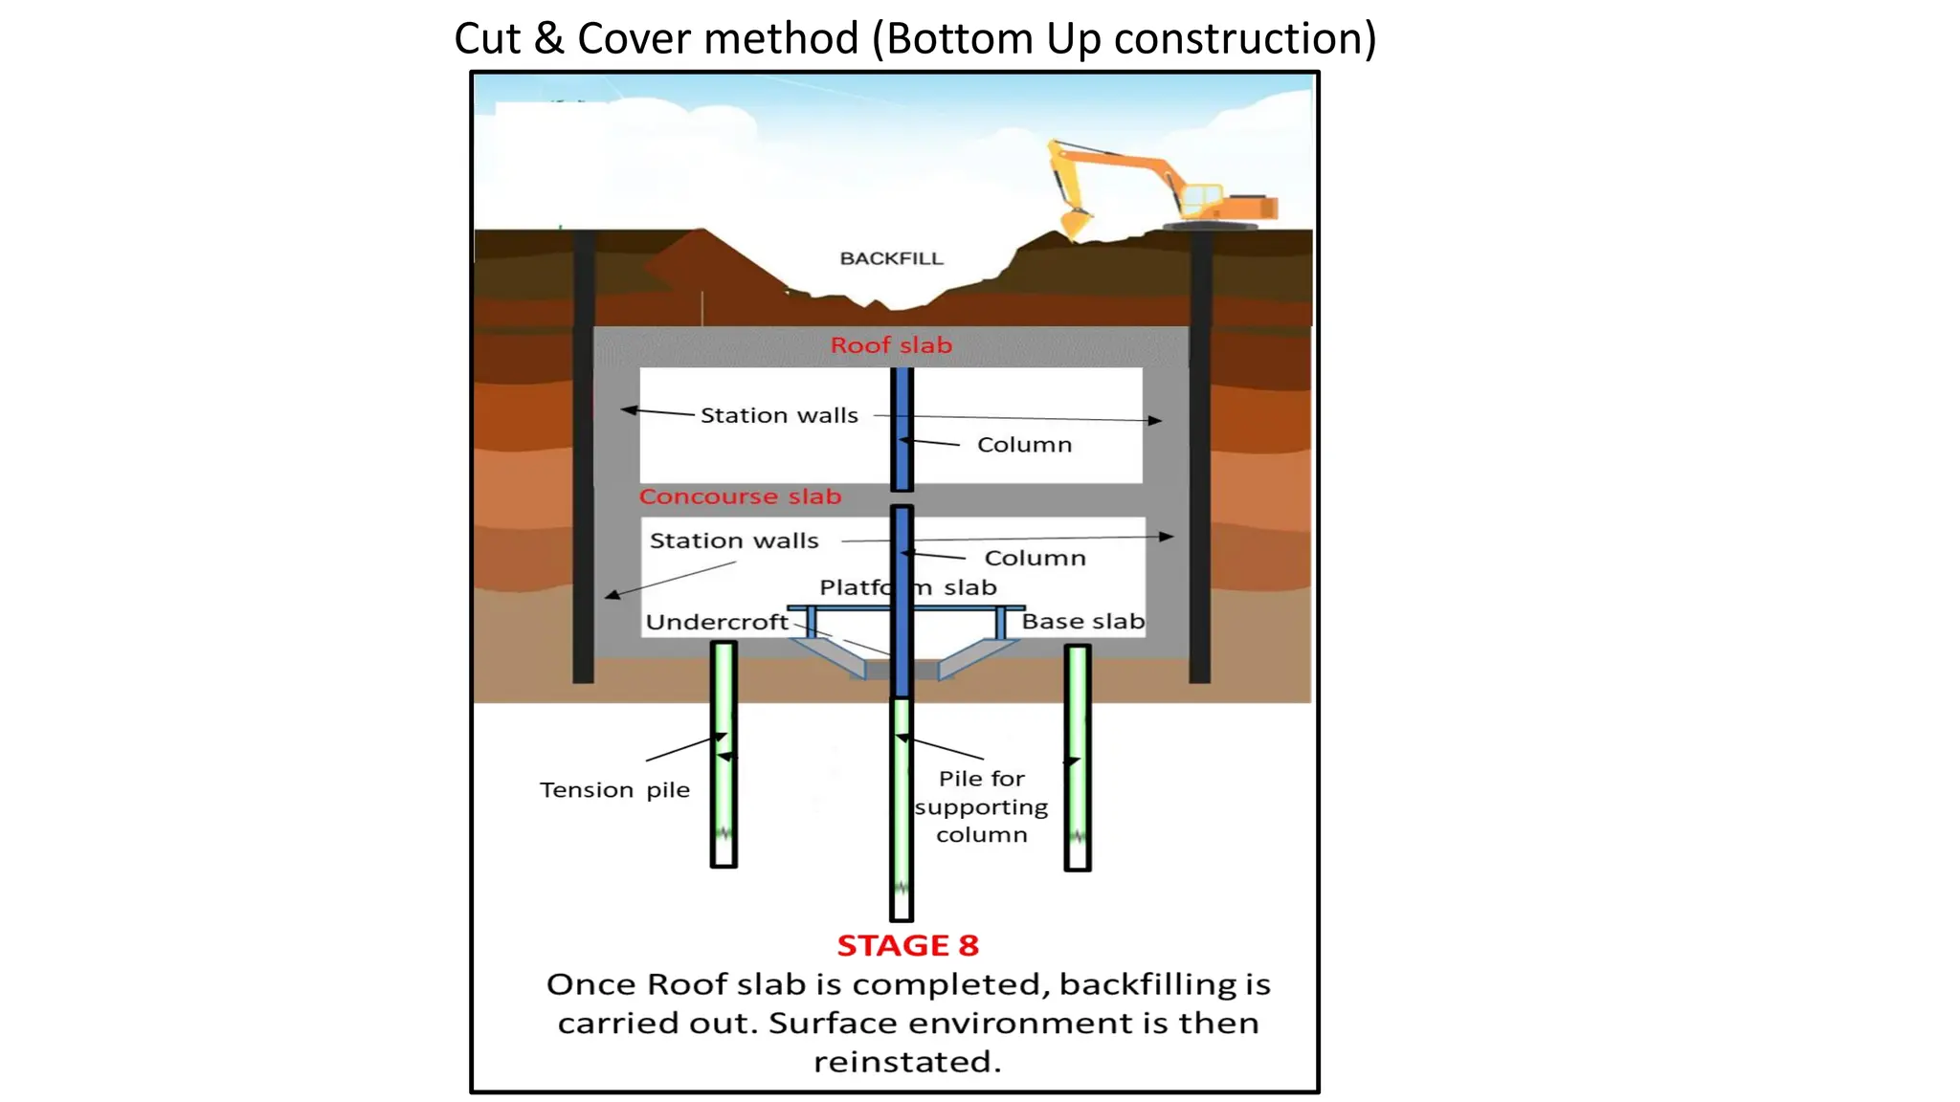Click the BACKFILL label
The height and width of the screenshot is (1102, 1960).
pyautogui.click(x=891, y=258)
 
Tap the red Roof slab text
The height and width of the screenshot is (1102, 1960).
pyautogui.click(x=891, y=345)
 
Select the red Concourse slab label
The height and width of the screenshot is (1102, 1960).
pyautogui.click(x=740, y=496)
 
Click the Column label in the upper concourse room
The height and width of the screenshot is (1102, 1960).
pyautogui.click(x=1024, y=445)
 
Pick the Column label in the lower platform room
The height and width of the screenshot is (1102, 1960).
pyautogui.click(x=1035, y=559)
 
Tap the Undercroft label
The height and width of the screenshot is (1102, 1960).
pyautogui.click(x=717, y=623)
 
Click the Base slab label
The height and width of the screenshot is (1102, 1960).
pyautogui.click(x=1082, y=622)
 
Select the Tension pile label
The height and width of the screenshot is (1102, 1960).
pyautogui.click(x=614, y=790)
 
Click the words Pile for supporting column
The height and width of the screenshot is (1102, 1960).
pyautogui.click(x=981, y=806)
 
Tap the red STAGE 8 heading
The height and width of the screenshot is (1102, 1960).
pyautogui.click(x=907, y=946)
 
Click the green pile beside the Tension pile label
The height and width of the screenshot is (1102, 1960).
pyautogui.click(x=724, y=756)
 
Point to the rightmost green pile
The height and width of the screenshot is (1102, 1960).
pyautogui.click(x=1078, y=756)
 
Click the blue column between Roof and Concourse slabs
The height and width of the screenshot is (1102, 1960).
pyautogui.click(x=902, y=429)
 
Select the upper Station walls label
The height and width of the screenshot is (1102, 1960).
pyautogui.click(x=779, y=416)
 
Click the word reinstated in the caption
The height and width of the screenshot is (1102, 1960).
pyautogui.click(x=906, y=1062)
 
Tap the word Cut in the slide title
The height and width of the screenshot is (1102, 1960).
pyautogui.click(x=487, y=39)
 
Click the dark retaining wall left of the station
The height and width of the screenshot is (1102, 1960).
pyautogui.click(x=583, y=459)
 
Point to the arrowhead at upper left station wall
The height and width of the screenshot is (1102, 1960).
pyautogui.click(x=628, y=410)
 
